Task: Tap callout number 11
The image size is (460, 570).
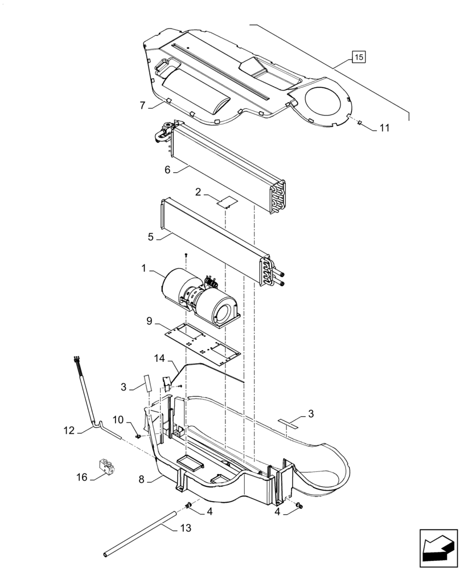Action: click(384, 128)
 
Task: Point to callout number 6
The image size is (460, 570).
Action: click(167, 169)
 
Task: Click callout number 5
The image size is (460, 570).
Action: click(150, 237)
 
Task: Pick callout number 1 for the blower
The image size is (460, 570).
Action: click(144, 267)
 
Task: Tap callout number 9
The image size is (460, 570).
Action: click(149, 321)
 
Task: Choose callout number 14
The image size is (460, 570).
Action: click(159, 358)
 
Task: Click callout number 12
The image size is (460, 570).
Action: click(69, 431)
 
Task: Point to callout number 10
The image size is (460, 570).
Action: click(117, 420)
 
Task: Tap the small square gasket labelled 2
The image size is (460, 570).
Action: click(228, 201)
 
